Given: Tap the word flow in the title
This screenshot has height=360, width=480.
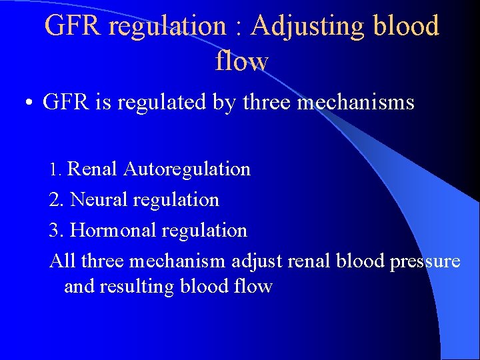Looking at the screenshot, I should pyautogui.click(x=241, y=61).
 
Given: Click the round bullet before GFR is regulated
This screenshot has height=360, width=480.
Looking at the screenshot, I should pyautogui.click(x=29, y=104).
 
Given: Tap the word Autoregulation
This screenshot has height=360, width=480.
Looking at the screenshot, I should pyautogui.click(x=187, y=169).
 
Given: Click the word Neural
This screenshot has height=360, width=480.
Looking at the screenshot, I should pyautogui.click(x=99, y=200).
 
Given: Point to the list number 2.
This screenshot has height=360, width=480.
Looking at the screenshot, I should pyautogui.click(x=56, y=200).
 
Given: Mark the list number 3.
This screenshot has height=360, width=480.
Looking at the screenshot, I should pyautogui.click(x=56, y=231).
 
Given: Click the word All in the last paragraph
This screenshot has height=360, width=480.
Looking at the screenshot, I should pyautogui.click(x=63, y=261).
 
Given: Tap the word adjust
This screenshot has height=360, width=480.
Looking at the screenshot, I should pyautogui.click(x=257, y=261).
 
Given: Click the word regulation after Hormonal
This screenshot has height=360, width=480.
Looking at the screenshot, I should pyautogui.click(x=203, y=231).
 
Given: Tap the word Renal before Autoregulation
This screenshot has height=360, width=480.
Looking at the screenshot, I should pyautogui.click(x=93, y=169).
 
